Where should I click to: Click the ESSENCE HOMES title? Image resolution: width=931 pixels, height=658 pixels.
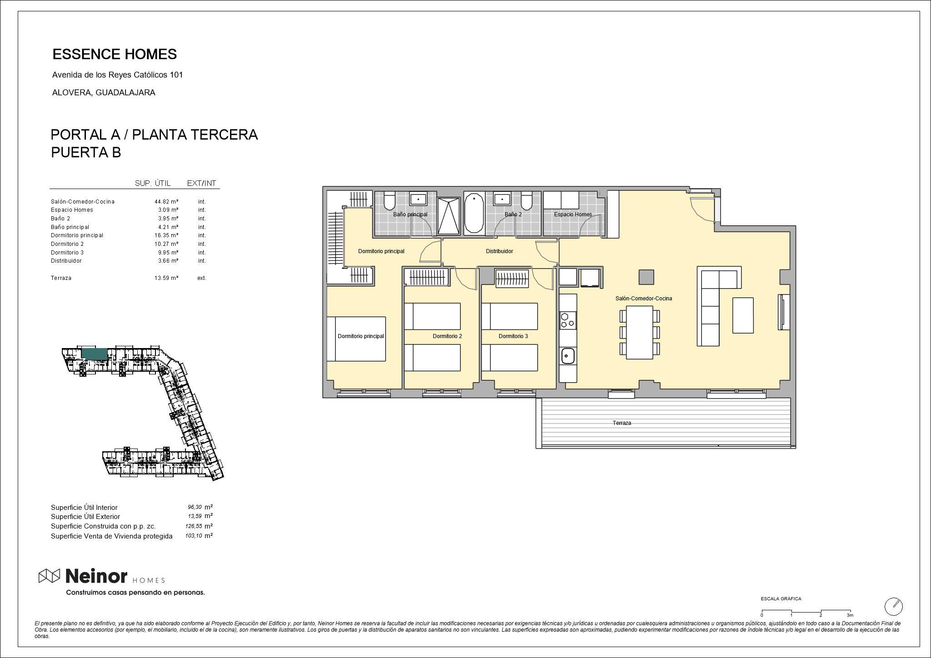tap(115, 54)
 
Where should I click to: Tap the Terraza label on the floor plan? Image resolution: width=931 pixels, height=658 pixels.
tap(621, 423)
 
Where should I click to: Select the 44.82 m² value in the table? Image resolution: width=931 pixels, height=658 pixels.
tap(166, 201)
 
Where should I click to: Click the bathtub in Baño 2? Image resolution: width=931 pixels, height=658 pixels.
tap(474, 213)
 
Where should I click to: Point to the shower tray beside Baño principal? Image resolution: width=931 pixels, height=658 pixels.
tap(449, 216)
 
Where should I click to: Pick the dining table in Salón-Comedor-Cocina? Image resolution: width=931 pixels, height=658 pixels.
tap(640, 332)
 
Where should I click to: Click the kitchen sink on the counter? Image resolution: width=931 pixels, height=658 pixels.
tap(568, 355)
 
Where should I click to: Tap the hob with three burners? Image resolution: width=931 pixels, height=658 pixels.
tap(568, 320)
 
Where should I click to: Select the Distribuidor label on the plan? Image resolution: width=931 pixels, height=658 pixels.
tap(499, 251)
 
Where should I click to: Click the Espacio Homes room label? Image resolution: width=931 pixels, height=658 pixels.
tap(573, 214)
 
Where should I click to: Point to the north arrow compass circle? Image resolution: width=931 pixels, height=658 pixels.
tap(893, 606)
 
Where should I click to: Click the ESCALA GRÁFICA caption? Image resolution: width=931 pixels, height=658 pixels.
tap(781, 599)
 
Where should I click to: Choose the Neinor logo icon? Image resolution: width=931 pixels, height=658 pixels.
tap(49, 576)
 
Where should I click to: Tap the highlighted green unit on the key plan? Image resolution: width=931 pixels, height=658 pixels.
tap(95, 355)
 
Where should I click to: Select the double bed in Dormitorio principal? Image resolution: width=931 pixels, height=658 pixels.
tap(356, 339)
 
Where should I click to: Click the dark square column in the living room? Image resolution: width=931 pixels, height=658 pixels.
tap(646, 277)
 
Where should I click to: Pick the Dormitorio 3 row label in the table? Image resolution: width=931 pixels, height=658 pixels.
tap(67, 252)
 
